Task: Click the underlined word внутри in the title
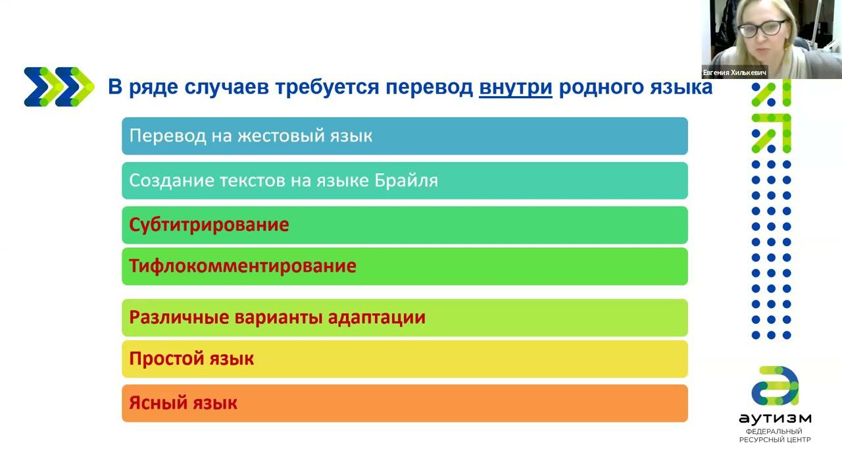click(515, 88)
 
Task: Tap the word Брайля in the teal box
click(406, 181)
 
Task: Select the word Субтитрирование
click(209, 225)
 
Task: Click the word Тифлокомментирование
click(243, 266)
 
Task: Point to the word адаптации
click(377, 318)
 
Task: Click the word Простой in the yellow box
click(166, 359)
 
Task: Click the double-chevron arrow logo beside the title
click(59, 87)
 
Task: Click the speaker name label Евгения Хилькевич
click(735, 72)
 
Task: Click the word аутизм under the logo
click(775, 419)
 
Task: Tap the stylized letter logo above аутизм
click(775, 386)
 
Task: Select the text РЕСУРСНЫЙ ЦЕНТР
click(775, 440)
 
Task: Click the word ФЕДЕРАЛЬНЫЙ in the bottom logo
click(774, 431)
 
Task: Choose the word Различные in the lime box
click(179, 317)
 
